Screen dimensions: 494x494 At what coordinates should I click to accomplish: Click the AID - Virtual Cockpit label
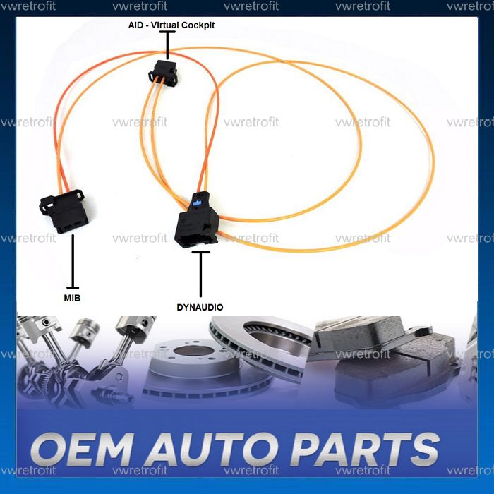(x=167, y=25)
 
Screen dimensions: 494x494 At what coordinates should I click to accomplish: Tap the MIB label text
(x=71, y=298)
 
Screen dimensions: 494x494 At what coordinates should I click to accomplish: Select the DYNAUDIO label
(x=200, y=307)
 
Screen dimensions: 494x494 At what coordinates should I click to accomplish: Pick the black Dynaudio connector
(x=195, y=223)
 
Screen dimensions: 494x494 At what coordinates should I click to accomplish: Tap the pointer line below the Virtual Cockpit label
(x=167, y=44)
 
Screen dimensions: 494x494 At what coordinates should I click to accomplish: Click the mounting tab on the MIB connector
(x=76, y=194)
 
